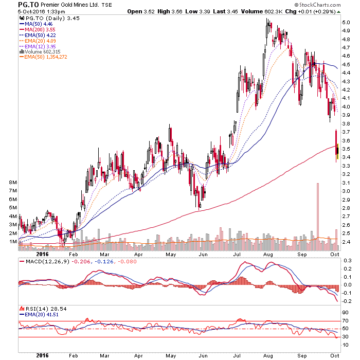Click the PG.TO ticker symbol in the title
pos(28,5)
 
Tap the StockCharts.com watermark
pos(317,5)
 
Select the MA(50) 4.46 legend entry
pos(36,24)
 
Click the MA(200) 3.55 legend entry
pos(38,30)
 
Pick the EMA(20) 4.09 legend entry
pos(38,41)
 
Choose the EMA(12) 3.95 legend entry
pos(38,46)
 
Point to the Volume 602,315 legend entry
pos(40,51)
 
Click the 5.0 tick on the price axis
pos(346,23)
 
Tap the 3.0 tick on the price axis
pos(346,191)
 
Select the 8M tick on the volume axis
pos(13,183)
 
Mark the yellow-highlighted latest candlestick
pos(338,151)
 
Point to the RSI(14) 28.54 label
pos(43,309)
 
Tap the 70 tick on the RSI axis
pos(345,321)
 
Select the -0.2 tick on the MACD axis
pos(347,301)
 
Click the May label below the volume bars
pos(171,255)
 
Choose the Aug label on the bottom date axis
pos(268,356)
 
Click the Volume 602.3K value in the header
pos(261,11)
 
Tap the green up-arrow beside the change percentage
pos(338,12)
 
